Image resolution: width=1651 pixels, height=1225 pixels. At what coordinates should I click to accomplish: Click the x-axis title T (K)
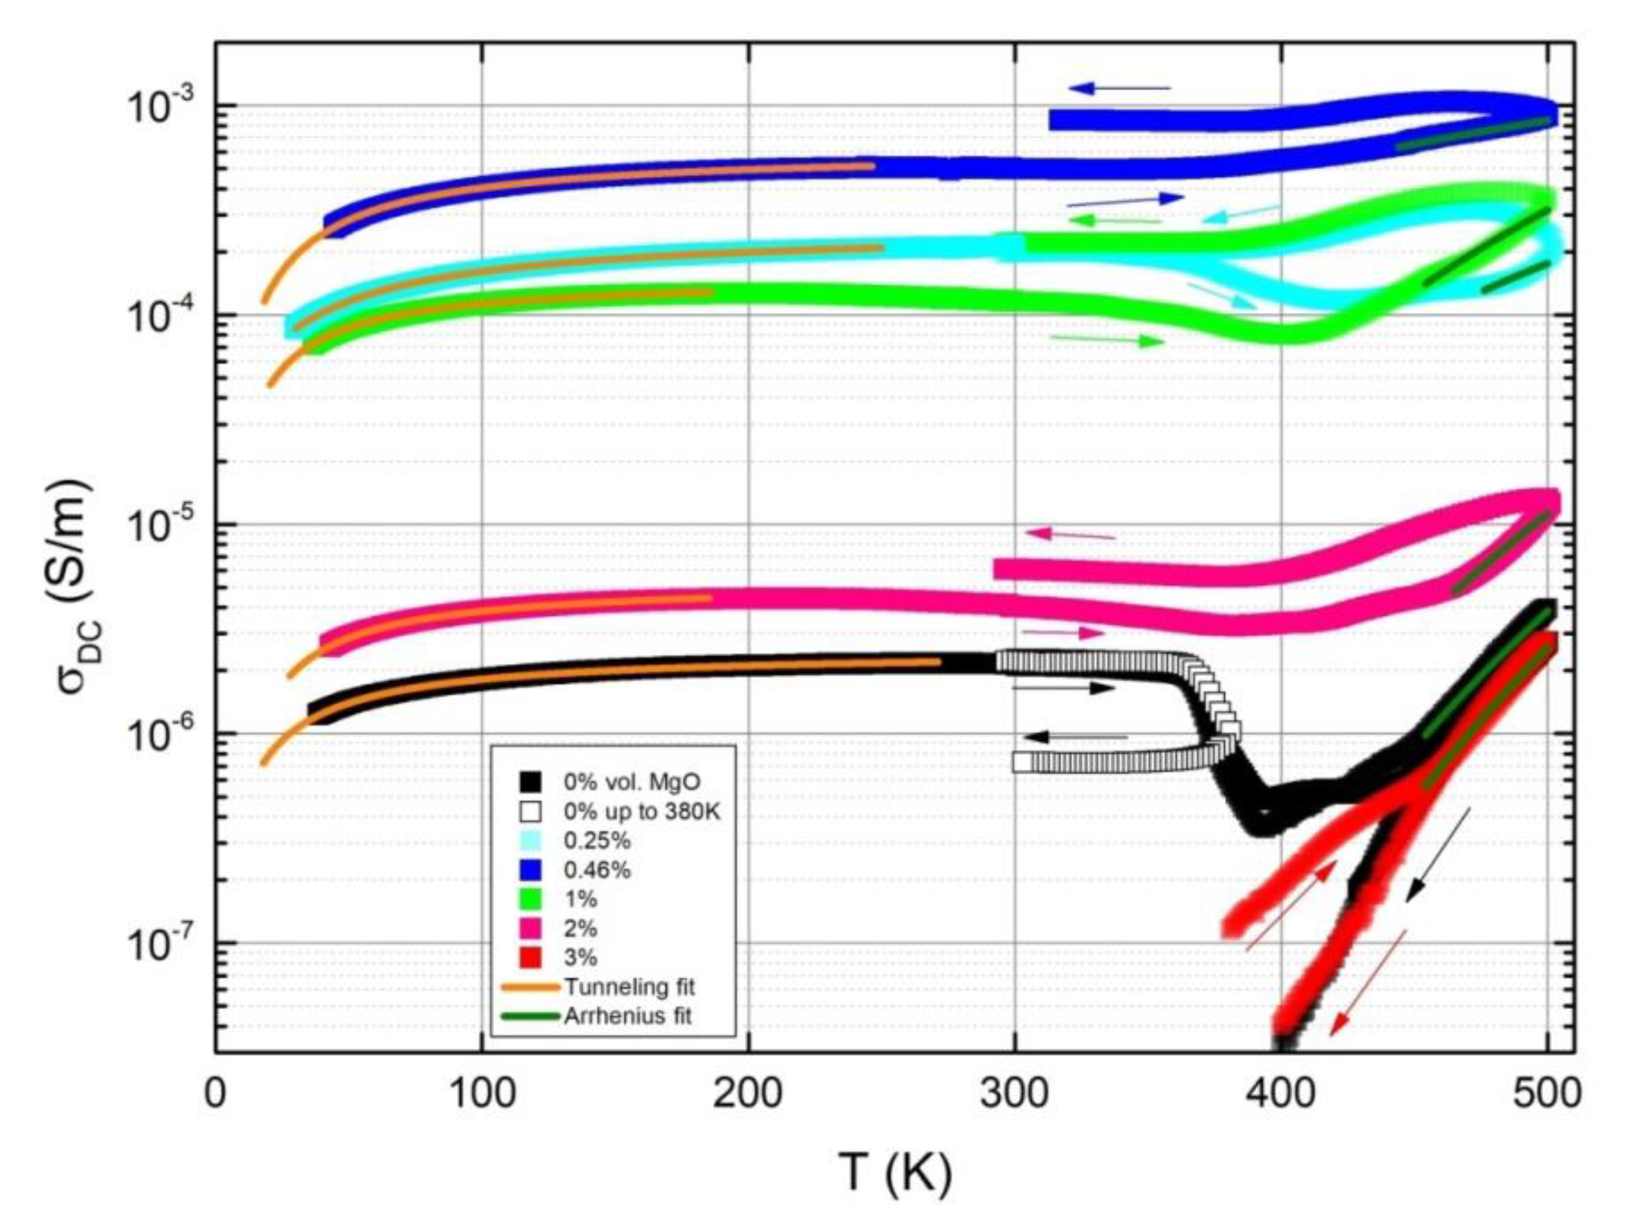point(896,1174)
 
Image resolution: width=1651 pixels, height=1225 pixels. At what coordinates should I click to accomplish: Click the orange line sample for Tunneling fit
point(529,987)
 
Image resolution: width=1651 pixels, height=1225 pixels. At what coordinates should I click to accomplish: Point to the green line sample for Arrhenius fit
point(529,1016)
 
